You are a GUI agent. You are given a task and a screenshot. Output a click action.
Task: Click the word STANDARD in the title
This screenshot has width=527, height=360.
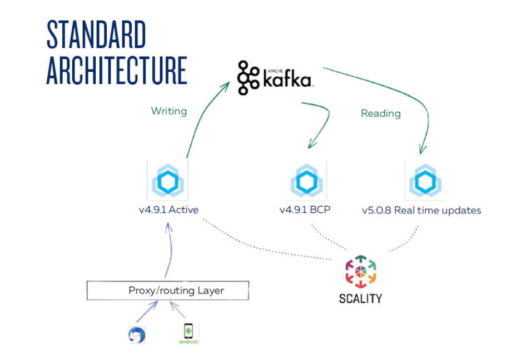click(x=96, y=34)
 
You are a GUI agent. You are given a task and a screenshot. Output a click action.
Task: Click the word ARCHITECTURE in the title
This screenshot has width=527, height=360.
click(x=117, y=71)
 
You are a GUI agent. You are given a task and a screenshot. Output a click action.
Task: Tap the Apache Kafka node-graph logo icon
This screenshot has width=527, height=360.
click(x=248, y=78)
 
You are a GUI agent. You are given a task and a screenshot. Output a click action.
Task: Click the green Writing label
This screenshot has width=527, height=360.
click(x=169, y=111)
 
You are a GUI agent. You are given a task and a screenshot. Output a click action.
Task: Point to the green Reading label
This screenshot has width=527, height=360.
click(x=381, y=113)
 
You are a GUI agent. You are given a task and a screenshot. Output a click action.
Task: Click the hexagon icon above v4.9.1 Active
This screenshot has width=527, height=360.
click(x=168, y=181)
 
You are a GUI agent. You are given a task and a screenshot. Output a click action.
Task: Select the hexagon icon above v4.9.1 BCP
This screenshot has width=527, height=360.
click(x=306, y=181)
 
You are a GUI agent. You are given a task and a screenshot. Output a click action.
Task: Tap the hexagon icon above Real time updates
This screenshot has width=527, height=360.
click(x=425, y=181)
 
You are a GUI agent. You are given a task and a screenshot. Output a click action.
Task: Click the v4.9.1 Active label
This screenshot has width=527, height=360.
click(x=169, y=210)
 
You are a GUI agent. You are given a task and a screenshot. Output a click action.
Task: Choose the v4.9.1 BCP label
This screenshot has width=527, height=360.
click(x=305, y=210)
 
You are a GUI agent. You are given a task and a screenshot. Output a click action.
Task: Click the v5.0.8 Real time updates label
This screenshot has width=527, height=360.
click(x=421, y=210)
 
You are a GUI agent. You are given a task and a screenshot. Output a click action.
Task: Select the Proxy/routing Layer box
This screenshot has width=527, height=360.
click(x=168, y=290)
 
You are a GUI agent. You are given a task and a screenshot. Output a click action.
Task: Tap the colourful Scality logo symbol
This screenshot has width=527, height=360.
click(x=361, y=272)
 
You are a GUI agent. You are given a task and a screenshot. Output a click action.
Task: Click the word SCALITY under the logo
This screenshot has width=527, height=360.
click(x=361, y=298)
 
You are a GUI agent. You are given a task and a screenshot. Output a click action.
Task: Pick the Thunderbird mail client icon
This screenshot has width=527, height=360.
click(x=137, y=335)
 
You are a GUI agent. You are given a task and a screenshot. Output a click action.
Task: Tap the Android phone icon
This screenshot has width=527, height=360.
click(x=188, y=333)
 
